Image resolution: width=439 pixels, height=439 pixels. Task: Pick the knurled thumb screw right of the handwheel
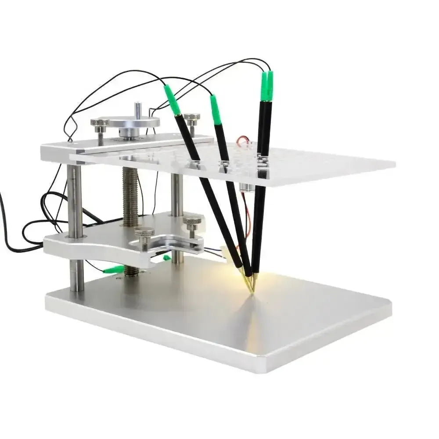191,119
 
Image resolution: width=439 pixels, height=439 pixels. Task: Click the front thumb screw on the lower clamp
144,234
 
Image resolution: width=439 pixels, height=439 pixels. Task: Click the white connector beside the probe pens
226,251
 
